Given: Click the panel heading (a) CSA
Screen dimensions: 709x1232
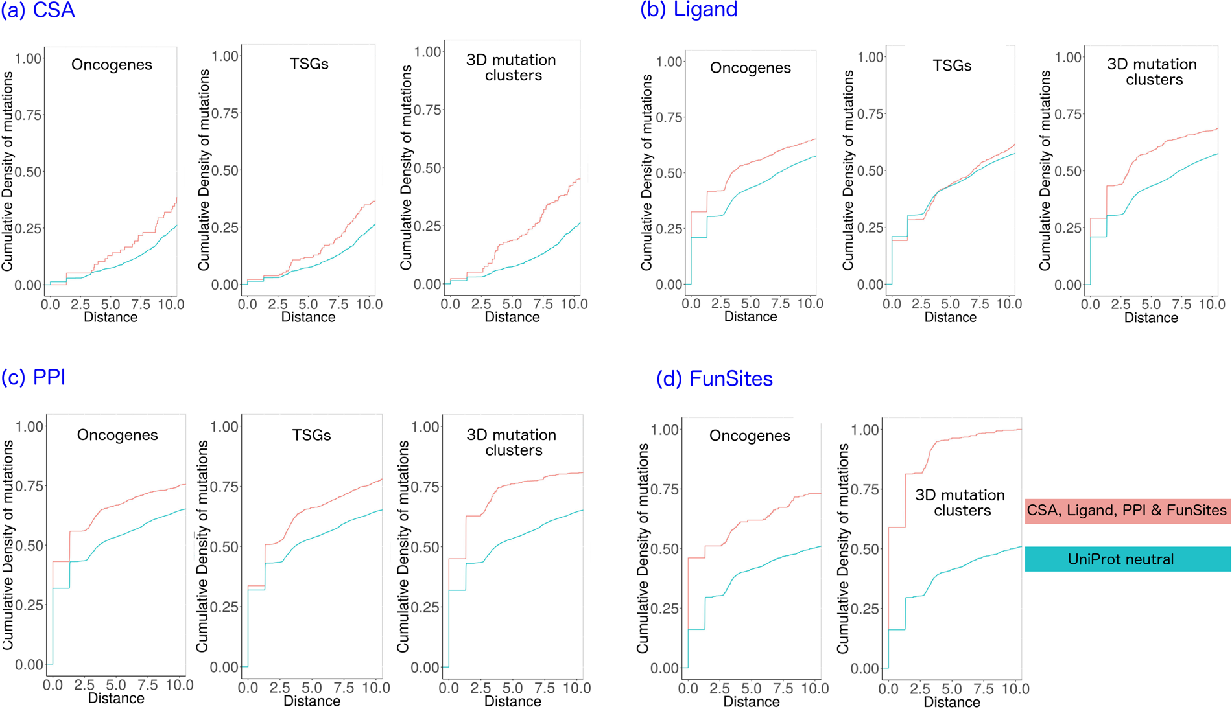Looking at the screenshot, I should coord(38,10).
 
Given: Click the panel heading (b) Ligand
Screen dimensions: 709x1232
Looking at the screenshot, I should coord(689,10).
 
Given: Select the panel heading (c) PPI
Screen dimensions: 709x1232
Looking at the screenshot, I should coord(33,377).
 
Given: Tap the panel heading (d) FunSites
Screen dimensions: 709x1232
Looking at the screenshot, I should coord(714,378).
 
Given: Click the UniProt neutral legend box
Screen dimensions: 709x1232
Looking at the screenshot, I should coord(1127,559).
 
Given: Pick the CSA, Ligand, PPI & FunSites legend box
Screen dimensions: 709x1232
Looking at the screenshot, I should coord(1127,511).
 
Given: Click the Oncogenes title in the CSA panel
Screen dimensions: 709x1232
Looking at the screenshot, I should coord(112,65).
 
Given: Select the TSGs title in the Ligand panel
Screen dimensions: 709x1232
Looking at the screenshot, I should coord(952,65).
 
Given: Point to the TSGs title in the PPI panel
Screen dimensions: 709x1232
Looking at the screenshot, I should coord(311,435).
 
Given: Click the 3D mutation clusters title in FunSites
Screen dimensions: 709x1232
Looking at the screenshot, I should coord(960,503).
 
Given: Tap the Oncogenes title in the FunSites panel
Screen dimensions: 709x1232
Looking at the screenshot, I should coord(750,436).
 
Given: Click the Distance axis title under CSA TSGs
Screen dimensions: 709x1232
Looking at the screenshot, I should coord(308,318).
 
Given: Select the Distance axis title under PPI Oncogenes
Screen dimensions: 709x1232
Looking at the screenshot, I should coord(116,699).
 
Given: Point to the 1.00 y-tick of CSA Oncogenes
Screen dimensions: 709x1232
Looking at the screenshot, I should coord(29,58).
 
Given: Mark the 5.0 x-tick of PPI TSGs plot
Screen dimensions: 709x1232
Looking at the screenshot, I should coord(311,688).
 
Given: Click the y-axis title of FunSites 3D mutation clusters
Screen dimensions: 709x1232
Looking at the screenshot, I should coord(842,548).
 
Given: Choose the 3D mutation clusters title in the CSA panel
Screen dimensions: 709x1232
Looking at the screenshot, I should coord(512,67).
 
